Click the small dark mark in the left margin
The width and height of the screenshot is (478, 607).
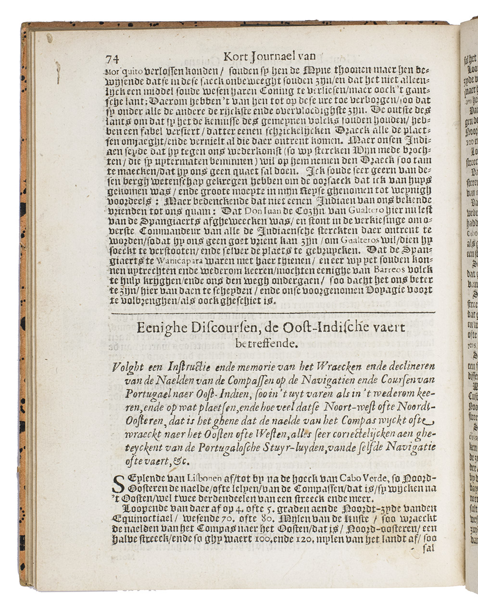click(x=57, y=71)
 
